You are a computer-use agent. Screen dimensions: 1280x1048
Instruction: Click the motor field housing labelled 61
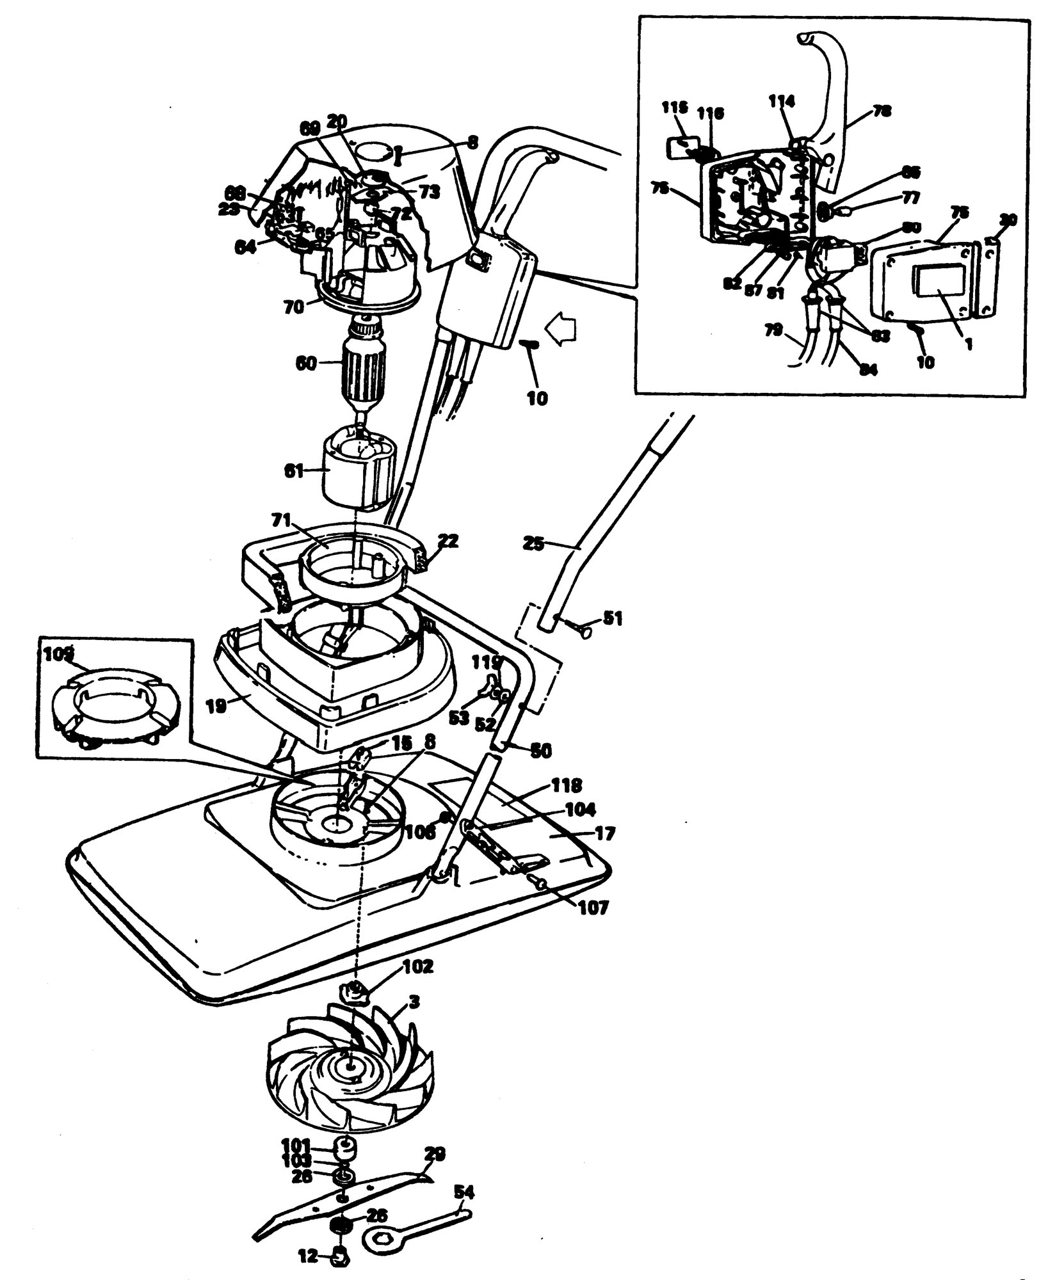[x=360, y=470]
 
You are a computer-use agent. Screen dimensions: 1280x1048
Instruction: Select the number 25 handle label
[x=533, y=545]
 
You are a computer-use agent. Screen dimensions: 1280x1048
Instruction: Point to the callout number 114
[x=782, y=100]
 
